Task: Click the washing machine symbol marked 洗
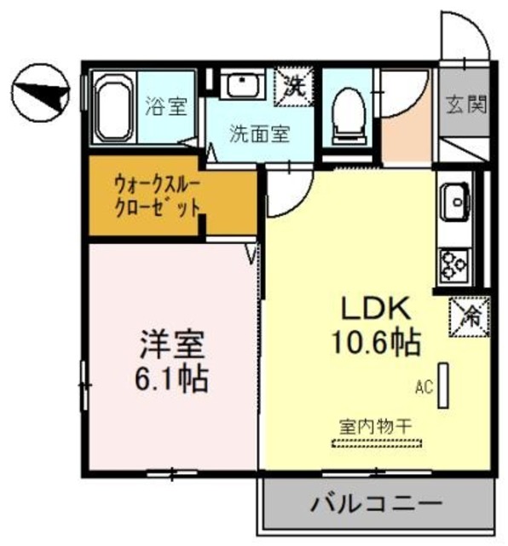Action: click(294, 86)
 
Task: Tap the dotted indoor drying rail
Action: click(376, 443)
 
